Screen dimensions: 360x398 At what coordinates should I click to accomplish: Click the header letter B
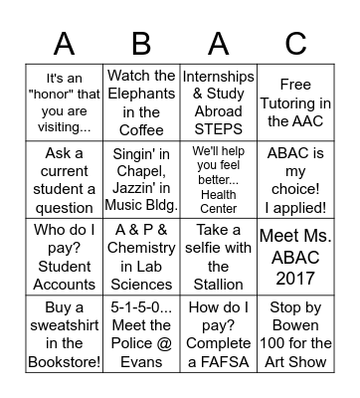141,43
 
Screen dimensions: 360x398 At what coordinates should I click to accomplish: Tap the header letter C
295,43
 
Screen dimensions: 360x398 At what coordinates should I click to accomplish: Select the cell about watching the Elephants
141,100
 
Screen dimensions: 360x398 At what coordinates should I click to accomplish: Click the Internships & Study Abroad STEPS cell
218,100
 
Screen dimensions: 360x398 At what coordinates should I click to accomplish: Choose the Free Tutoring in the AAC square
295,100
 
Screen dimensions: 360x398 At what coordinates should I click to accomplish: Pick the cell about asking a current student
64,180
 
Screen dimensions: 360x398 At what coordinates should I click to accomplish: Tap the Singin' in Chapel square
141,180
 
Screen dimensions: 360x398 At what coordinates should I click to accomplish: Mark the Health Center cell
218,180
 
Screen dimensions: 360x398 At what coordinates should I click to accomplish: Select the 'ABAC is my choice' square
295,180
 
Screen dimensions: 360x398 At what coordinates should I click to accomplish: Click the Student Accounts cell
64,257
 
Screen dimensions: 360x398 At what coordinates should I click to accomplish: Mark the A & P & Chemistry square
141,257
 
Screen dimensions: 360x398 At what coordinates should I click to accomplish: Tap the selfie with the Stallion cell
218,257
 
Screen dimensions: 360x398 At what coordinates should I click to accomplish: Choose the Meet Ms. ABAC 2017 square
295,257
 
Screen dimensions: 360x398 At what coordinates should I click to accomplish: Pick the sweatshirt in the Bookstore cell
64,335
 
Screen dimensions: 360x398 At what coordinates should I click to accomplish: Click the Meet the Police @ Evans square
141,335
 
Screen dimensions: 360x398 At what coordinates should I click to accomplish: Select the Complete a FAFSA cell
218,335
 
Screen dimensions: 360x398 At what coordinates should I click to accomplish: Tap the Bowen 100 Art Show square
295,335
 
